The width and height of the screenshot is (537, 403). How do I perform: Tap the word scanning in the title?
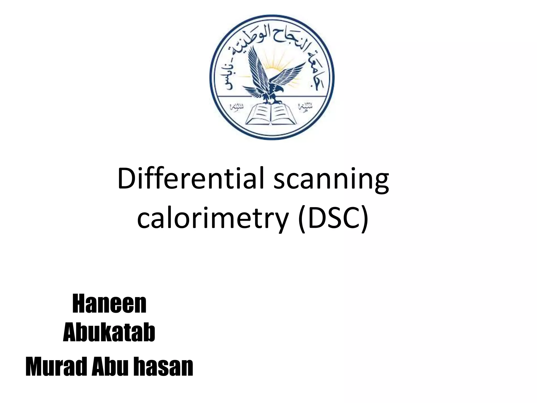331,181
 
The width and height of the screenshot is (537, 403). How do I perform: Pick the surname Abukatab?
109,333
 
